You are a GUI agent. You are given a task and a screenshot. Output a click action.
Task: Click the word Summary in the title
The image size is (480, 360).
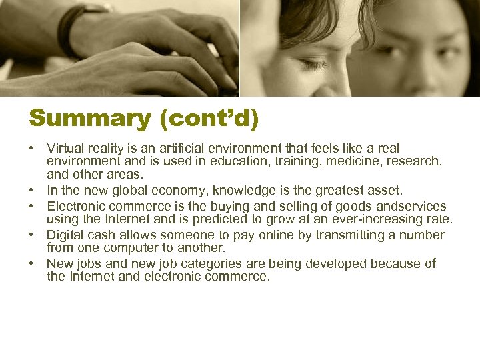coord(81,119)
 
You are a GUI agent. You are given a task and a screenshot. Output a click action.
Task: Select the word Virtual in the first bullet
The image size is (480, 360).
coord(65,148)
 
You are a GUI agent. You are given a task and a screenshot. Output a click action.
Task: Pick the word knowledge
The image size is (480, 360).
coord(240,191)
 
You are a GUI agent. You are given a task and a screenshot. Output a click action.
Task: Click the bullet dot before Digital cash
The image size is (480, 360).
coord(33,235)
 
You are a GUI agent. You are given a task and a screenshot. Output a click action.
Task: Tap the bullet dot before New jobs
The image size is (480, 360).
coord(33,263)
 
